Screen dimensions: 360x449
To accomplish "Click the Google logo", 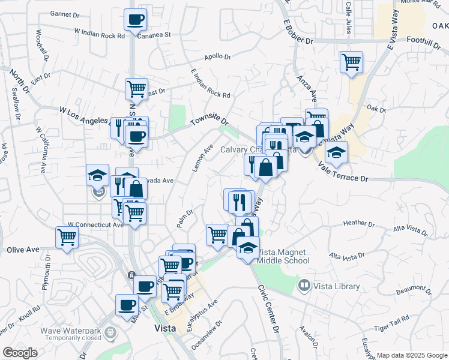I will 20,353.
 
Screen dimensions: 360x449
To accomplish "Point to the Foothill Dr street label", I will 424,41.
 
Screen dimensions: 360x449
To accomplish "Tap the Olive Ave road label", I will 23,249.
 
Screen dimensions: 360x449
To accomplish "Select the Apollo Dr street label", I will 218,57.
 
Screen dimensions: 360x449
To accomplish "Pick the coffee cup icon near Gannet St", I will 136,19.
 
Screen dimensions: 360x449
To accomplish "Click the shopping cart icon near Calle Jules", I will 351,61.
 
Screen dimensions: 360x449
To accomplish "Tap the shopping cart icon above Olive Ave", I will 67,236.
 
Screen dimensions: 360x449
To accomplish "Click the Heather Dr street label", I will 359,224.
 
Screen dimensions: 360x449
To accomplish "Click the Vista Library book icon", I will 305,286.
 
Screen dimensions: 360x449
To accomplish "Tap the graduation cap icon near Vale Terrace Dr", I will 336,152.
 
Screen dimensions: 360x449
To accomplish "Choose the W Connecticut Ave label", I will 95,225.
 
